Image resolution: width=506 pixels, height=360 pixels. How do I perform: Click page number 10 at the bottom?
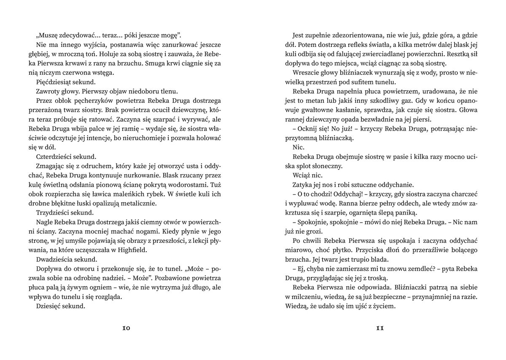pos(126,329)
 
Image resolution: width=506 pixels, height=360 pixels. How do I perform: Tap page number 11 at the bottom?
pos(379,329)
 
